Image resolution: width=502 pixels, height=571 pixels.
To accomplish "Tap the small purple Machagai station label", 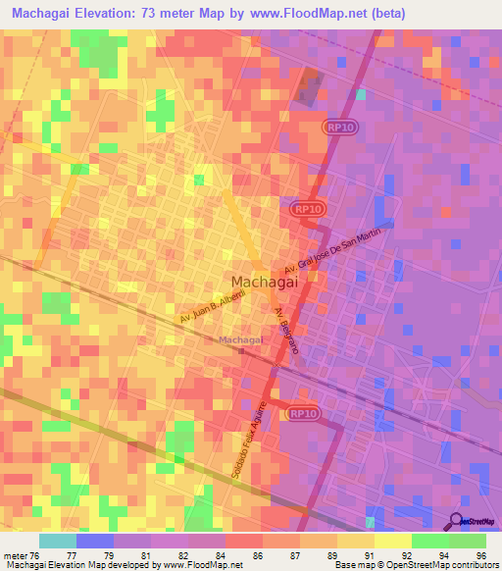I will (x=241, y=340).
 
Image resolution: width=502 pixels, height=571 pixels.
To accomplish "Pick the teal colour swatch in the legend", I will (x=58, y=541).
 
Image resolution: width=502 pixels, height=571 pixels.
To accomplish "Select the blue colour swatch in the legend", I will (x=95, y=541).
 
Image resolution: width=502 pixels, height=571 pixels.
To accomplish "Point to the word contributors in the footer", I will (x=473, y=565).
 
